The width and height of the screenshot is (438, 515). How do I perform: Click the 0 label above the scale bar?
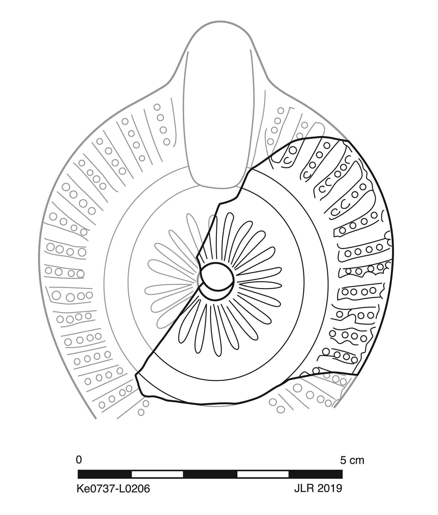[79, 460]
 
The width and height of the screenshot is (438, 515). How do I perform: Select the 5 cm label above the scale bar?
[352, 460]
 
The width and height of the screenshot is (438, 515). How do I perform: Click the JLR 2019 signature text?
[318, 488]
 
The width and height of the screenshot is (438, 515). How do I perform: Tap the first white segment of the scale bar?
[157, 474]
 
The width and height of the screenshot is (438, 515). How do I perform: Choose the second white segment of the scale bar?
[263, 474]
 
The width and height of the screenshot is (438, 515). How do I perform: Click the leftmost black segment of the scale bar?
[105, 474]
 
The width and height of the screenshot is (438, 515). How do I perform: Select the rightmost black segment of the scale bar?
[316, 474]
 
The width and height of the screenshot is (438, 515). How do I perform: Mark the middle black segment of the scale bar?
[210, 474]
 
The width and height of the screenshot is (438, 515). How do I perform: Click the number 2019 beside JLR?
[330, 488]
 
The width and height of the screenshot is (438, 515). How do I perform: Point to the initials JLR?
[304, 488]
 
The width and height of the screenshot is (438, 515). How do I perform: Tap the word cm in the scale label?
[357, 461]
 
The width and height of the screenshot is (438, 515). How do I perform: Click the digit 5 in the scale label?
[343, 460]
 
